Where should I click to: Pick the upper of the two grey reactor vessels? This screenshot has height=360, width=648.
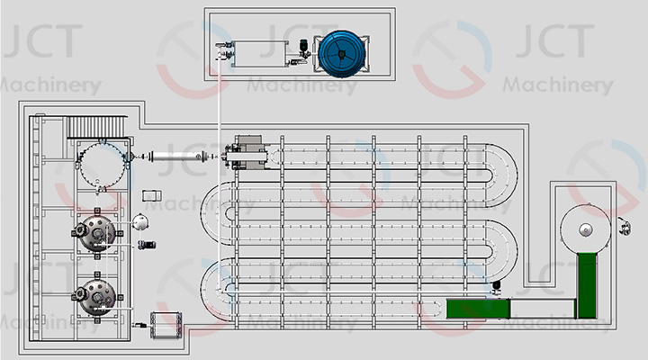click(x=95, y=235)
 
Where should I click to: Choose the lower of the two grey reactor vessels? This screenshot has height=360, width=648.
click(x=95, y=293)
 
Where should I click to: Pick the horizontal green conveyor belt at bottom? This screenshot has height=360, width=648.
click(x=478, y=309)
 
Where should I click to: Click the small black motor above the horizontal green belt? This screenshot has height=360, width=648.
click(x=496, y=289)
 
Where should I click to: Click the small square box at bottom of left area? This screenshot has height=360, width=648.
click(x=166, y=323)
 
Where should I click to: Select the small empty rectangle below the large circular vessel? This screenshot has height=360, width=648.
click(x=152, y=195)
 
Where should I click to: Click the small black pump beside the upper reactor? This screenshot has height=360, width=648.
click(x=146, y=244)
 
